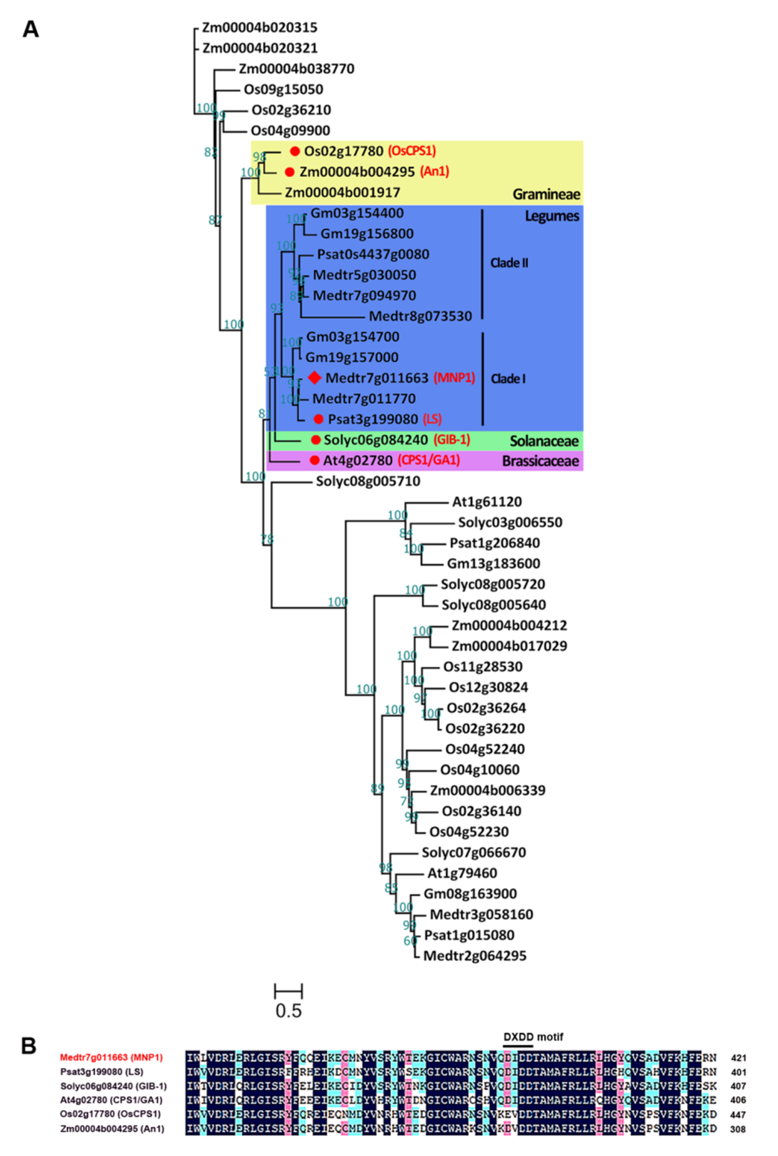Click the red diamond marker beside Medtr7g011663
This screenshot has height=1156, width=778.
(x=314, y=378)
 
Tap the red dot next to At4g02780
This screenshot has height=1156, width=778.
(x=314, y=460)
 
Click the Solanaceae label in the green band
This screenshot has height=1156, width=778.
(x=544, y=441)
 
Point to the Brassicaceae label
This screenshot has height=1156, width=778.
(x=540, y=461)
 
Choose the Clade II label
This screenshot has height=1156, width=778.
(x=509, y=263)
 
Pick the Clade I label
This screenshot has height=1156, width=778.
(x=508, y=379)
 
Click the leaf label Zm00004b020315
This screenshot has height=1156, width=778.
(x=259, y=28)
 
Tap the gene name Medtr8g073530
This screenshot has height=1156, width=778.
(x=420, y=316)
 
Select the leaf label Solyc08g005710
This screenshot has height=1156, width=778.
(x=368, y=481)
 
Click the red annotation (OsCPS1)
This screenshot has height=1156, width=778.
(x=412, y=151)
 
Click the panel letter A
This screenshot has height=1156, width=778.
(x=31, y=30)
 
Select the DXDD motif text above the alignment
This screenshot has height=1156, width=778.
(x=534, y=1037)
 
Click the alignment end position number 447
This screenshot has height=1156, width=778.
(x=738, y=1114)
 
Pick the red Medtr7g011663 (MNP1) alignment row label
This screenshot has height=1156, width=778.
(x=111, y=1057)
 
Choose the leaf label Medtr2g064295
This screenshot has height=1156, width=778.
(x=474, y=955)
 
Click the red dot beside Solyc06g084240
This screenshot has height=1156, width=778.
(x=315, y=440)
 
